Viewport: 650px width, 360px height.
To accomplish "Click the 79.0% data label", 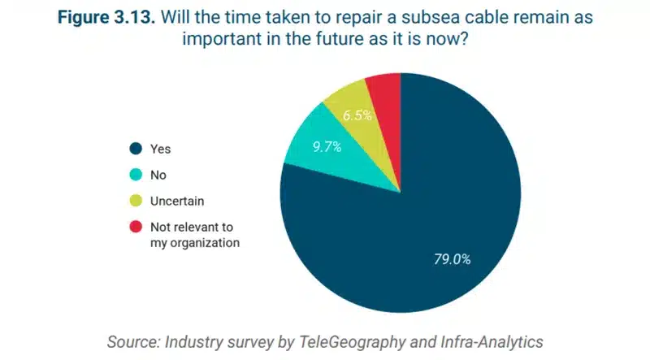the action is click(x=453, y=259).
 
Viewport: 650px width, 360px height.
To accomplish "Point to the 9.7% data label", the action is click(x=327, y=146).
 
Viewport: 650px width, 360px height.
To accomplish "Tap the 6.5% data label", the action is click(x=357, y=115).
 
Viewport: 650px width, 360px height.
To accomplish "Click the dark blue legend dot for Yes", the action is click(x=136, y=149).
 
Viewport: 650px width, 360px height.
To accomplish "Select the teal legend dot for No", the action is click(x=136, y=175).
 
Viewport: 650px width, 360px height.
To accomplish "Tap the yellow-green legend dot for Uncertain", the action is click(x=136, y=201).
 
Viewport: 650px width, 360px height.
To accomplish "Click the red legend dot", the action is click(x=136, y=227).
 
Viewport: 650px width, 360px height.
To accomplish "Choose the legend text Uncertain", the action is click(x=177, y=202).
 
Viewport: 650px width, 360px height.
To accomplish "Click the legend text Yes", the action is click(x=160, y=149).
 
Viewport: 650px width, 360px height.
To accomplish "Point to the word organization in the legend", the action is click(x=205, y=243).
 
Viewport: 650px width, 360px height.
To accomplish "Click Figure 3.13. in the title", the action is click(x=106, y=17).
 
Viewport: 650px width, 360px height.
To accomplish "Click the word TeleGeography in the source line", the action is click(x=352, y=343).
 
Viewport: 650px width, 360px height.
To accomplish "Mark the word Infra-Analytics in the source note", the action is click(x=492, y=342).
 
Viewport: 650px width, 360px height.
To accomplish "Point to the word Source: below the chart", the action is click(x=133, y=343).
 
